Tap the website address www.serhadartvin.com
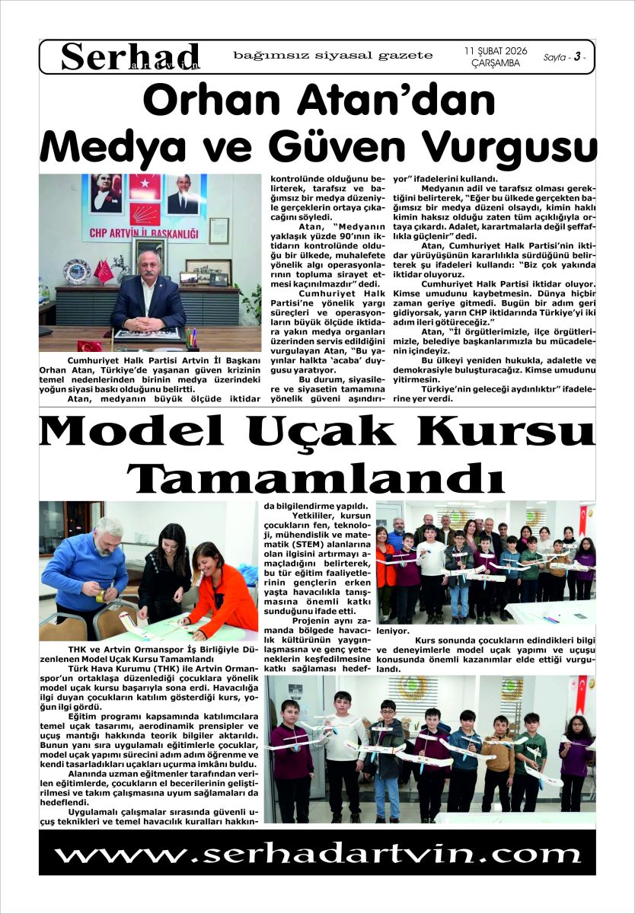(317, 852)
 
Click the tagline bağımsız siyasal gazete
(333, 56)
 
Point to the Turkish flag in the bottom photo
(582, 693)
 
